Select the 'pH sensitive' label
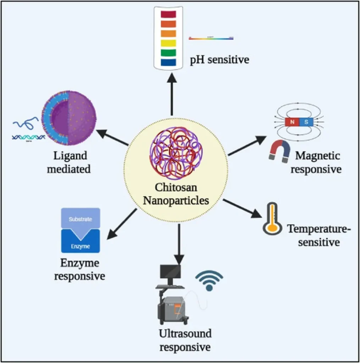220,60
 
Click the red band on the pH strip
168,15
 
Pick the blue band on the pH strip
168,63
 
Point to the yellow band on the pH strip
168,44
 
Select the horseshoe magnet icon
280,151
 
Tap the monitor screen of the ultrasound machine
170,272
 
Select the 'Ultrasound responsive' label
185,340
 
